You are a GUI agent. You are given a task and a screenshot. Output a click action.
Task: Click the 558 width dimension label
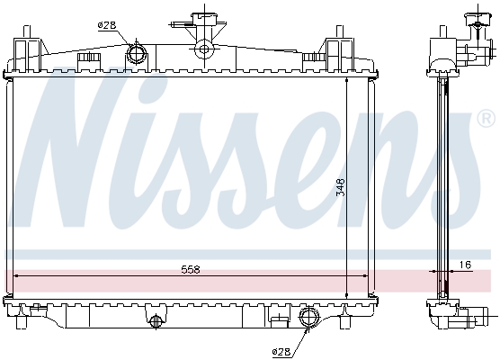click(190, 270)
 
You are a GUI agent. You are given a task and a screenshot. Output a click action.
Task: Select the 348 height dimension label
click(341, 187)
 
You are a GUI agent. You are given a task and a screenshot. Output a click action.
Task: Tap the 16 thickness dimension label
click(465, 265)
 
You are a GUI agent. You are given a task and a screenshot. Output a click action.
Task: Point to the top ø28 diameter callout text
click(107, 25)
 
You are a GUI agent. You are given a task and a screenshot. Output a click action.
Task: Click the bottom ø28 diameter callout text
click(281, 351)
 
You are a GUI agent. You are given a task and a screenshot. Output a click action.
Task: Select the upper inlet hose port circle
click(137, 53)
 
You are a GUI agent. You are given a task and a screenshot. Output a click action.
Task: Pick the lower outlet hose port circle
click(308, 316)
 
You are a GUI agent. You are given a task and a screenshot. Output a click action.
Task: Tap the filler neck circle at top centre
click(203, 49)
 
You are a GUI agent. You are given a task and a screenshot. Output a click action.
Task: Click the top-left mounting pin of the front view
click(27, 31)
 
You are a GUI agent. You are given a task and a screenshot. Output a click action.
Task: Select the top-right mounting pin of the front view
click(340, 31)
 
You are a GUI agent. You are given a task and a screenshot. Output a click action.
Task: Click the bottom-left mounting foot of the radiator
click(22, 321)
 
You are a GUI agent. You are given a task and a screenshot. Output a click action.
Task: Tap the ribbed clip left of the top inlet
click(89, 58)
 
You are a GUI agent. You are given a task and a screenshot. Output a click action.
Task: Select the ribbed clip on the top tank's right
click(314, 58)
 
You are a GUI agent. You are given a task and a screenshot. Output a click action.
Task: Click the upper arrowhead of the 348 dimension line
click(346, 81)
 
